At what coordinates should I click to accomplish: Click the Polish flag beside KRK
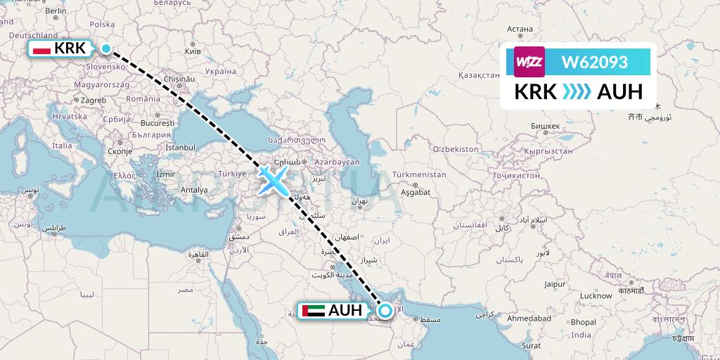tap(42, 49)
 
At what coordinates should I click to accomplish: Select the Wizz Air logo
tap(529, 63)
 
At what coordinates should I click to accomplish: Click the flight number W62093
tap(594, 63)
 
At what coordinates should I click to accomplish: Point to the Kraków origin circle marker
tap(106, 49)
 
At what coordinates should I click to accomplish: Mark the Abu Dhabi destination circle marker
tap(385, 310)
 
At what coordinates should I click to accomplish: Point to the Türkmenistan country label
tap(420, 174)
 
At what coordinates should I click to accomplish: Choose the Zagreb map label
tap(93, 101)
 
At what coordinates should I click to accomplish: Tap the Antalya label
tap(194, 190)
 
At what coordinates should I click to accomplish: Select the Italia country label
tap(63, 146)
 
